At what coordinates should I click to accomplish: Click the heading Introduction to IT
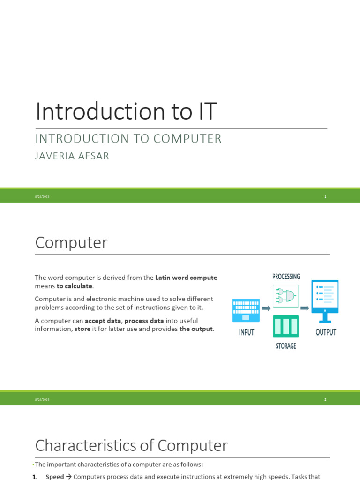point(126,111)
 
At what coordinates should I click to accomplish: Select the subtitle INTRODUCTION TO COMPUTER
point(128,139)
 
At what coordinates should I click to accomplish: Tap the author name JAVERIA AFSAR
point(72,156)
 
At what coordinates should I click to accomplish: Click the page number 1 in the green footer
point(325,196)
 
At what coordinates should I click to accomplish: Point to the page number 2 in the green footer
point(325,399)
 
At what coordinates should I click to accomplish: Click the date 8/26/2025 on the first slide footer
point(42,196)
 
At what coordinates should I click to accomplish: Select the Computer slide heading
point(71,242)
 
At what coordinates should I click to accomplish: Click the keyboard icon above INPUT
point(246,310)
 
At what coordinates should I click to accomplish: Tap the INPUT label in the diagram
point(247,332)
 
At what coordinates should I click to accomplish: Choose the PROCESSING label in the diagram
point(286,277)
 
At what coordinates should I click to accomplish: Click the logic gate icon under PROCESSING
point(285,296)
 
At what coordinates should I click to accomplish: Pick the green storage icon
point(285,326)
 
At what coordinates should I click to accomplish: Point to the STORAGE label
point(286,346)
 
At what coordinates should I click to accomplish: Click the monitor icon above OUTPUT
point(325,301)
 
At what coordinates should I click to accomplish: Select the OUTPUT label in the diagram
point(326,332)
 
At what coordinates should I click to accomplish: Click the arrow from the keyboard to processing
point(266,308)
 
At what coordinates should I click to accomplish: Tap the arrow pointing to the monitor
point(305,308)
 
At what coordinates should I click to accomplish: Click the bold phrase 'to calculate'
point(75,286)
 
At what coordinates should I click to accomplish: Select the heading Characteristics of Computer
point(131,445)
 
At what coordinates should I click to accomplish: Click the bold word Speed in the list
point(55,477)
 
